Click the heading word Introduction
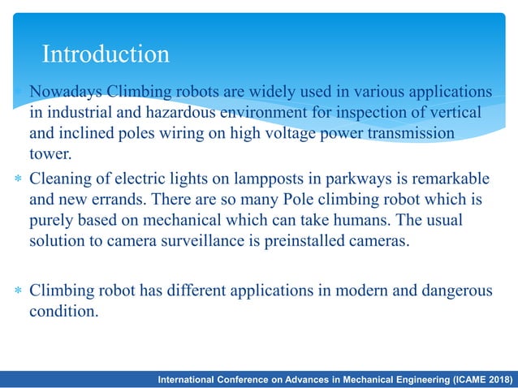(106, 54)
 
